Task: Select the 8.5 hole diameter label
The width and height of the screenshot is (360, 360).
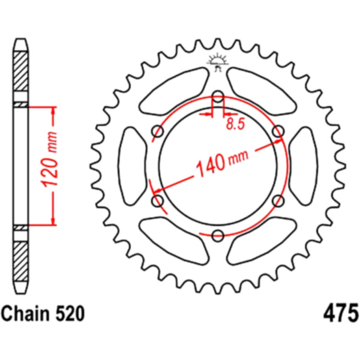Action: [235, 124]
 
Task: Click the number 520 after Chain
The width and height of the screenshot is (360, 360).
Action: [70, 314]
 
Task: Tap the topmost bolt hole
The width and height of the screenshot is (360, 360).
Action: [218, 97]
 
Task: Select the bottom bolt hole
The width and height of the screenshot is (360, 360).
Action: [218, 235]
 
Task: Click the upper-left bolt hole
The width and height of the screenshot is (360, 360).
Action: [158, 131]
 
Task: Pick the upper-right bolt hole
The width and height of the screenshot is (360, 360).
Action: [278, 131]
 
